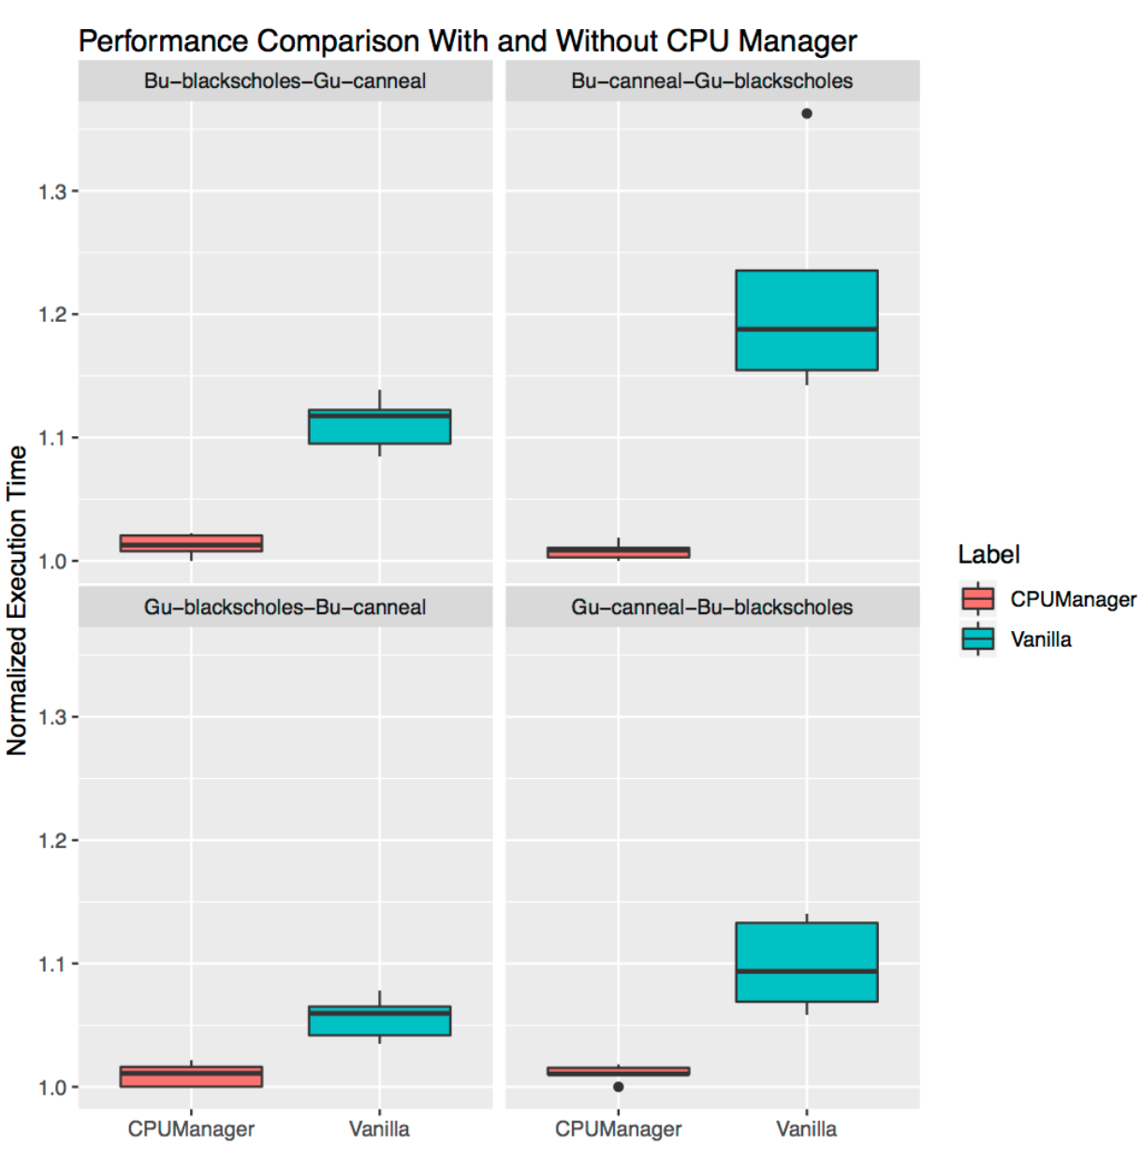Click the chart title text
point(467,41)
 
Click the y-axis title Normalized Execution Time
point(17,600)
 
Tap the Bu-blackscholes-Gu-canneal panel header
point(285,81)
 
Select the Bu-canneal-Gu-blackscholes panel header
point(711,81)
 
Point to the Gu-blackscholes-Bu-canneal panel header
point(285,608)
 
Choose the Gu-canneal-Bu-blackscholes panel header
point(711,608)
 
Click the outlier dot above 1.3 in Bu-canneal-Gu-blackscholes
point(807,113)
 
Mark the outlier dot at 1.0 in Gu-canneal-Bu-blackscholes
point(619,1087)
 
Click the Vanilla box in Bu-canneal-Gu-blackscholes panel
point(807,320)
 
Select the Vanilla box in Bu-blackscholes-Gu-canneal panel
point(379,427)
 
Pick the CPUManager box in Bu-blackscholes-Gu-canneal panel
point(191,543)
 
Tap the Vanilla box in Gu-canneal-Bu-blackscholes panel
point(807,962)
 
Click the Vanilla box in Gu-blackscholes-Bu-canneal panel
point(379,1021)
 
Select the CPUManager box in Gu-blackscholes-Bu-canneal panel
point(191,1077)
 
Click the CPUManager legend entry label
point(1073,599)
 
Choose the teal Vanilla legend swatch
point(978,639)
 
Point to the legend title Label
point(988,554)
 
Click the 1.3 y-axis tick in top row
point(52,192)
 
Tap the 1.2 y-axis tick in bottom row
point(52,841)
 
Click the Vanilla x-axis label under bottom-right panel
point(806,1129)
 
